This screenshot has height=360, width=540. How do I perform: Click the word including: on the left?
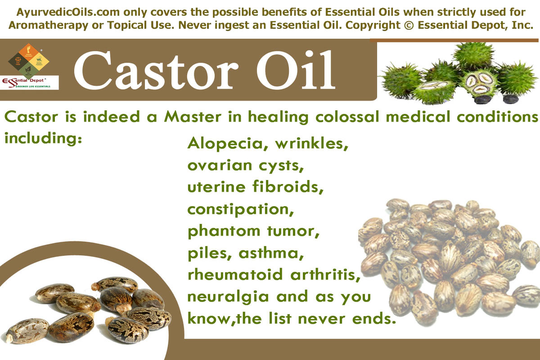(43, 137)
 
